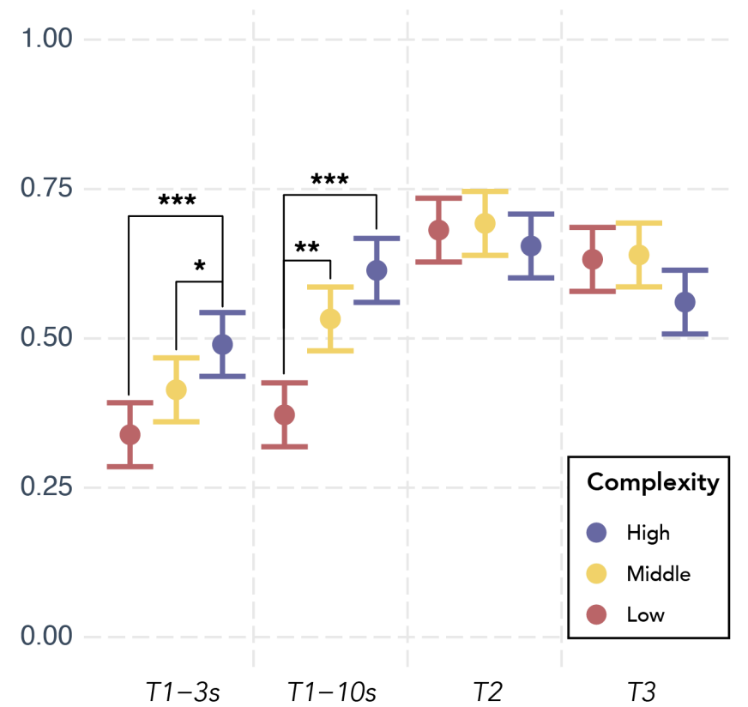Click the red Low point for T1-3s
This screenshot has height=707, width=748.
[x=130, y=435]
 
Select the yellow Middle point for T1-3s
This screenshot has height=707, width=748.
[x=176, y=390]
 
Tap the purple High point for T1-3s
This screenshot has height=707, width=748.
[x=222, y=344]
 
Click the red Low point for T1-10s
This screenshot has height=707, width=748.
[x=284, y=414]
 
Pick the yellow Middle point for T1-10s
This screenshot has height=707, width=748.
[x=330, y=318]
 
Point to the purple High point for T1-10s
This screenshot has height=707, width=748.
[x=377, y=270]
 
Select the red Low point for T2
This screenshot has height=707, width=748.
[x=438, y=230]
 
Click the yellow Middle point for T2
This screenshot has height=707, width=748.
[x=485, y=223]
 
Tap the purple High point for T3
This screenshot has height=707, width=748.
[x=685, y=302]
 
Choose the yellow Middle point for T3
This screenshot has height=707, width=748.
[x=638, y=255]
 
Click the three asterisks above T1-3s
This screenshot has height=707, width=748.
[x=177, y=202]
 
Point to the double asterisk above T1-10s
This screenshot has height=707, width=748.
[x=306, y=249]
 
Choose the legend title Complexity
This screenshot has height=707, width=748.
[x=652, y=482]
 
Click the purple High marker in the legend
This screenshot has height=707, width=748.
[x=596, y=532]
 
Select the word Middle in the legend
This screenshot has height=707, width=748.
[x=657, y=573]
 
